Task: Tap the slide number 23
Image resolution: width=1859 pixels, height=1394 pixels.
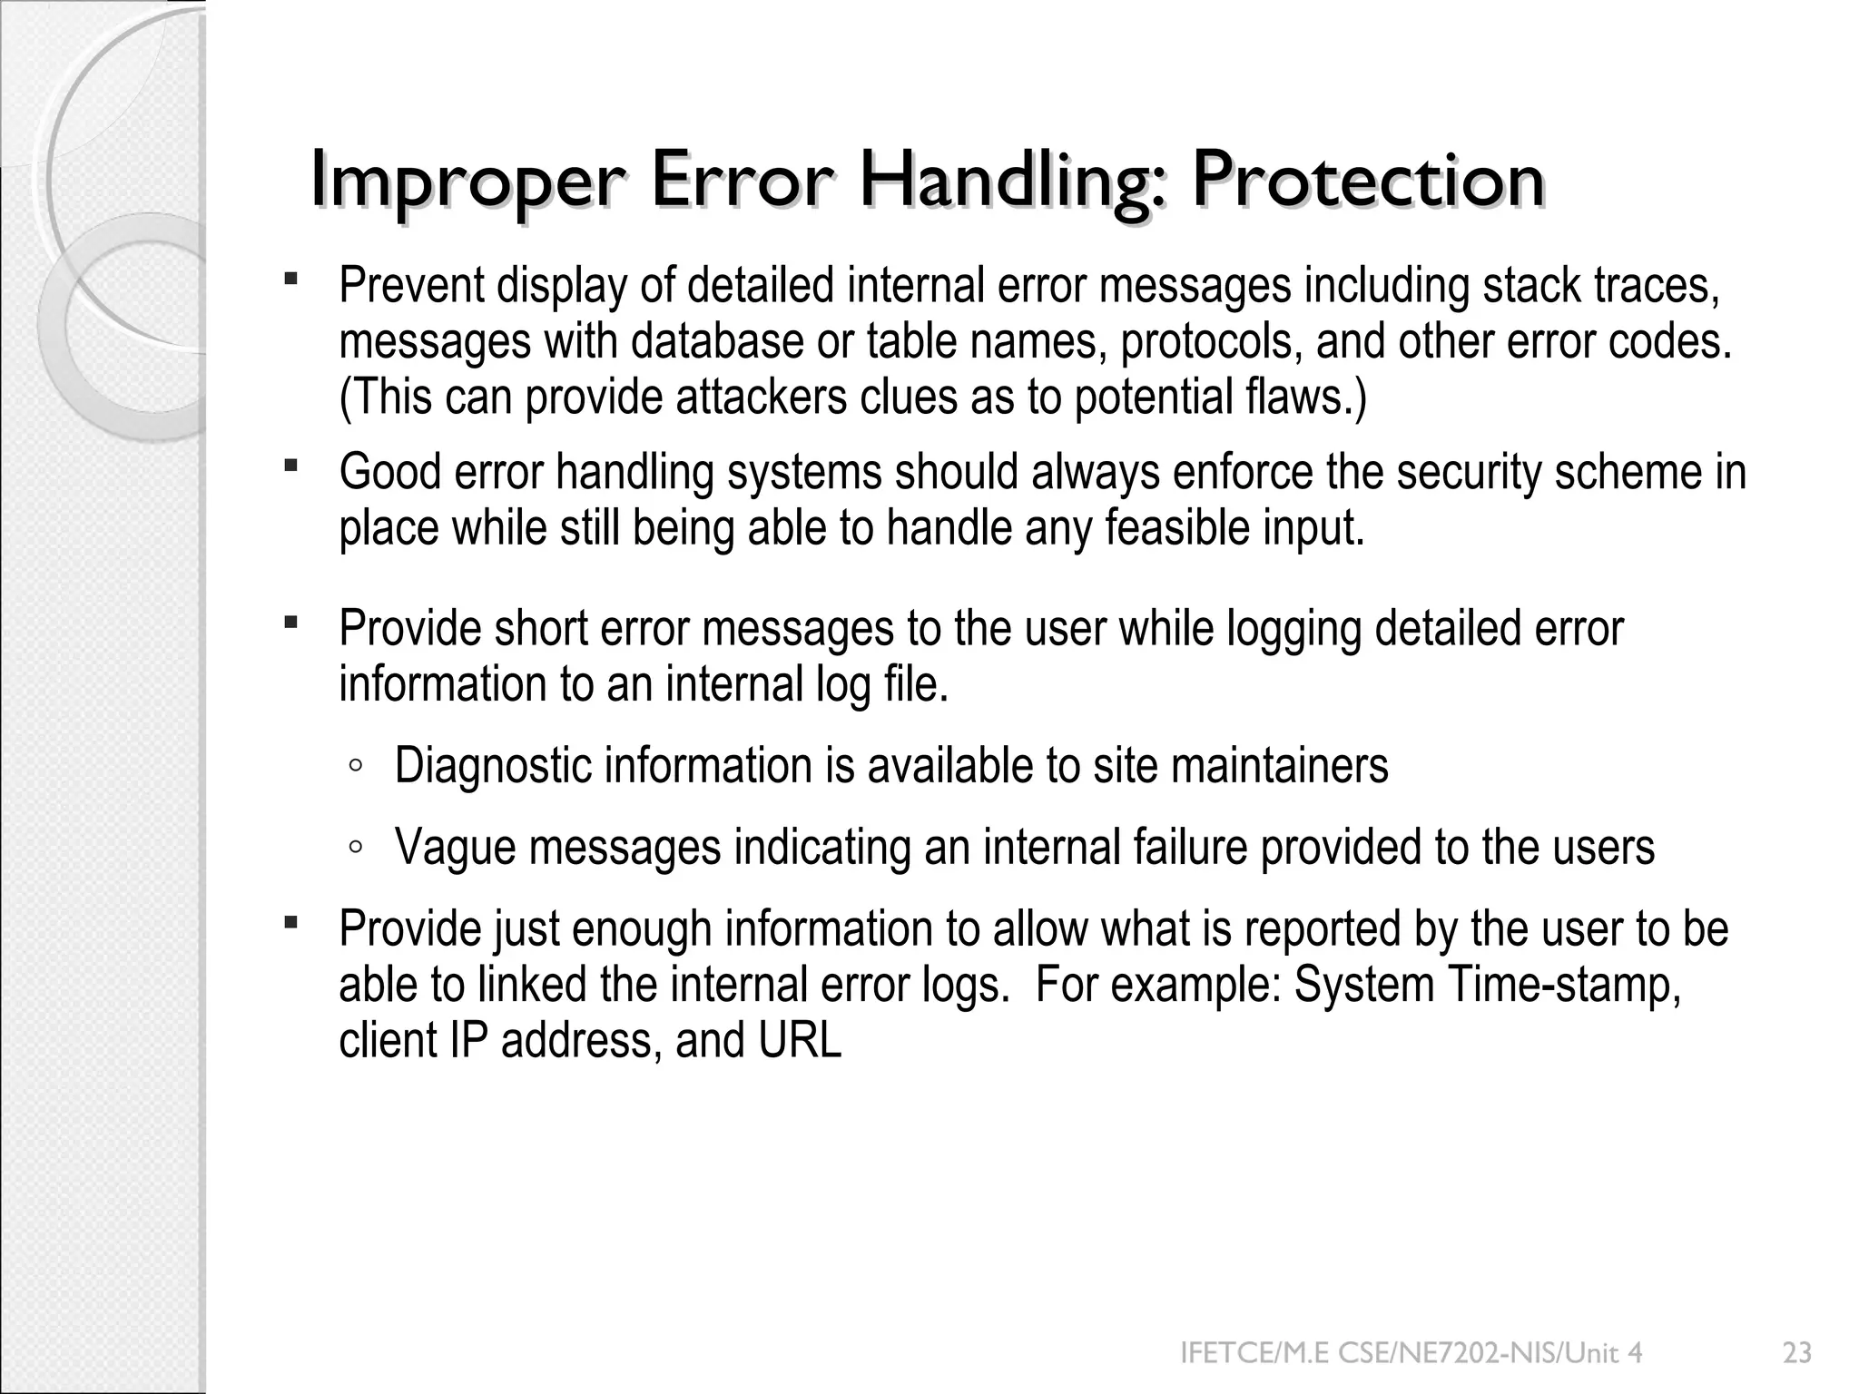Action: point(1797,1354)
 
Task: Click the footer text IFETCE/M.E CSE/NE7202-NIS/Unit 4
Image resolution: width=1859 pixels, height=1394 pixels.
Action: point(1411,1354)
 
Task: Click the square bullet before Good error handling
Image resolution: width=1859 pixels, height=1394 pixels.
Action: point(290,466)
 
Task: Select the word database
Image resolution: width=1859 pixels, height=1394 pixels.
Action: point(717,342)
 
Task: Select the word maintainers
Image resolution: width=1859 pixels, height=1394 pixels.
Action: point(1279,766)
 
